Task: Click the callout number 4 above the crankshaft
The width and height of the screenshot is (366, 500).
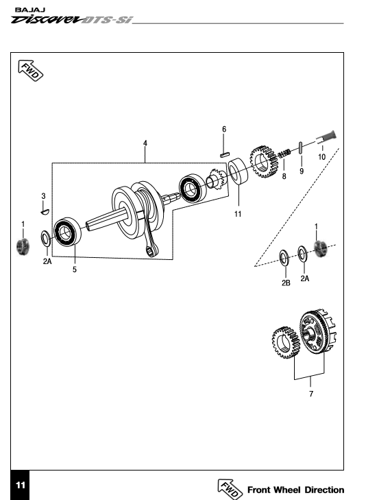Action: click(145, 143)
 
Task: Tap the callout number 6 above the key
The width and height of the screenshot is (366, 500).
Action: click(224, 129)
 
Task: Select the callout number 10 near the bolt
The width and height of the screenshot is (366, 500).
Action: click(321, 157)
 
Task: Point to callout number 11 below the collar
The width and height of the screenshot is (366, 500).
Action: click(238, 214)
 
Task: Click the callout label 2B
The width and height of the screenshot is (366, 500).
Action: click(286, 283)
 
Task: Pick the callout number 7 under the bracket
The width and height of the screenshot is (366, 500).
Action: click(311, 394)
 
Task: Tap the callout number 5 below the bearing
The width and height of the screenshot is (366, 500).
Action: click(75, 270)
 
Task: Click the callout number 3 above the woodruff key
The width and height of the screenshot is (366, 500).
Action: click(44, 195)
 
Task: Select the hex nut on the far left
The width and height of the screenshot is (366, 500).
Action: click(23, 246)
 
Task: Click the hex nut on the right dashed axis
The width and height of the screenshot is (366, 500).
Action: click(320, 249)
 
